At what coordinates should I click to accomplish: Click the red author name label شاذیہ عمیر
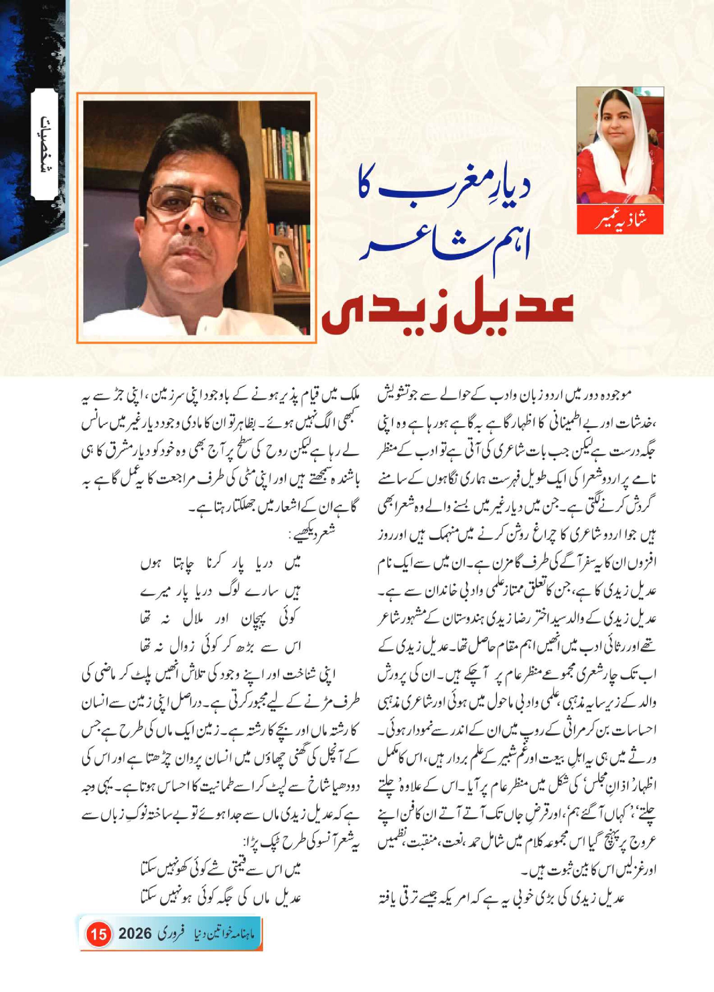(x=620, y=220)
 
